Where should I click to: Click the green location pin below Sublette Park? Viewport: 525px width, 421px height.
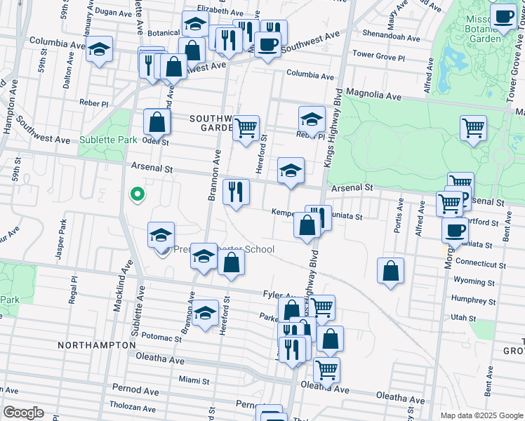(x=138, y=194)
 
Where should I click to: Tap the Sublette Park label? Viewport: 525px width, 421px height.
(x=107, y=140)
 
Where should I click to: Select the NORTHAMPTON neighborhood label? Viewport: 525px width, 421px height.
(x=97, y=345)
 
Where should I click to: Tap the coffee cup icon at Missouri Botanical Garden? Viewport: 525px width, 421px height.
(x=503, y=17)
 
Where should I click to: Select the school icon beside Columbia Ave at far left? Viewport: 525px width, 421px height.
(x=100, y=50)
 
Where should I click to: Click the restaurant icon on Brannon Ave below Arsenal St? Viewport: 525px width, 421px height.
(x=236, y=192)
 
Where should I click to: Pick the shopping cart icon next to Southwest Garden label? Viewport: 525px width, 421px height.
(x=246, y=128)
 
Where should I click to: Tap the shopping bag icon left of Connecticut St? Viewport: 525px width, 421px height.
(x=390, y=271)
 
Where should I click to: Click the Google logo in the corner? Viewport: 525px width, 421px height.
(x=22, y=413)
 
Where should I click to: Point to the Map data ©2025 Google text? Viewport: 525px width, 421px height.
(x=480, y=415)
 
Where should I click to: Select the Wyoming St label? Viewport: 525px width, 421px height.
(x=474, y=281)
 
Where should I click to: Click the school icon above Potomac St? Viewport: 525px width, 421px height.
(x=205, y=312)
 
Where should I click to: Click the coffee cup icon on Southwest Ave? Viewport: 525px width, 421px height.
(x=267, y=45)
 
